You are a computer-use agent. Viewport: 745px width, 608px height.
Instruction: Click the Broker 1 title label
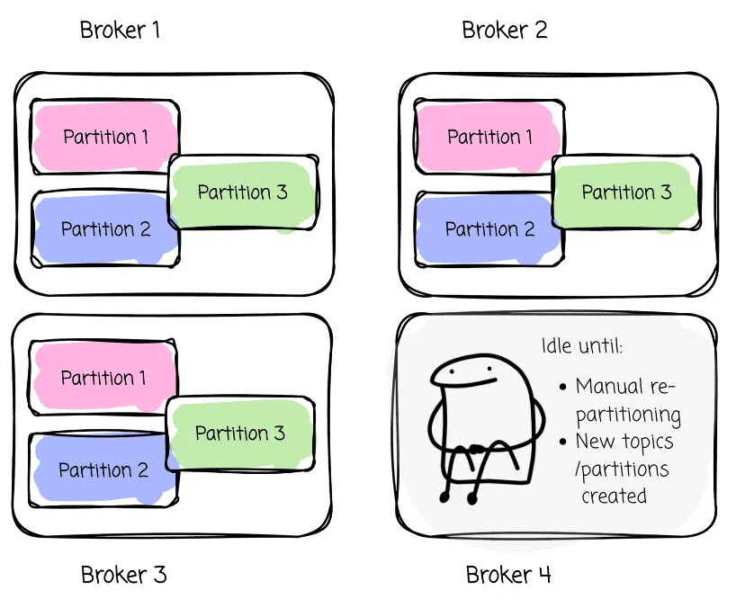(120, 30)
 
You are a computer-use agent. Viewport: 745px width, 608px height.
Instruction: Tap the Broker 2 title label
(504, 30)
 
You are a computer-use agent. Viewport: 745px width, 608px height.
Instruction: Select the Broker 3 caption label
(123, 575)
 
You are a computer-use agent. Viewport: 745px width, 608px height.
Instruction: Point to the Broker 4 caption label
(508, 575)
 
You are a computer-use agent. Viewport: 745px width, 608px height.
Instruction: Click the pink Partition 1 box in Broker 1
(105, 137)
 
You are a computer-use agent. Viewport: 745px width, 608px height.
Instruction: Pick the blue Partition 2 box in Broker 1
(105, 228)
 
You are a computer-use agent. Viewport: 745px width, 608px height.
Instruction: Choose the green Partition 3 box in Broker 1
(243, 192)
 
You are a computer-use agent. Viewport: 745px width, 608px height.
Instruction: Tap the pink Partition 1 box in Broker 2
(489, 137)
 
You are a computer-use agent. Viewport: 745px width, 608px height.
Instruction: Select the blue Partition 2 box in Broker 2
(489, 228)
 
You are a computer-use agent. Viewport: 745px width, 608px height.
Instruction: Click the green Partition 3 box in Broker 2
(626, 192)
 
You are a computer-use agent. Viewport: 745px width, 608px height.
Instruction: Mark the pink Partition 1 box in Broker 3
(103, 378)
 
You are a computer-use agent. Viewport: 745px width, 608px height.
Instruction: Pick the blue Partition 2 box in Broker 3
(103, 470)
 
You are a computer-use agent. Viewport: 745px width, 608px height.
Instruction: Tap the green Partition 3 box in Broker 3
(240, 434)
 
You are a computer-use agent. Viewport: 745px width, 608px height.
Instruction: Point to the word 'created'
(614, 496)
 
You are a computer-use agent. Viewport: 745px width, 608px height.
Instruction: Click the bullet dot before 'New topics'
(563, 443)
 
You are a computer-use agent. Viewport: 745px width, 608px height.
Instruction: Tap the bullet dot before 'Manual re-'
(563, 388)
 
